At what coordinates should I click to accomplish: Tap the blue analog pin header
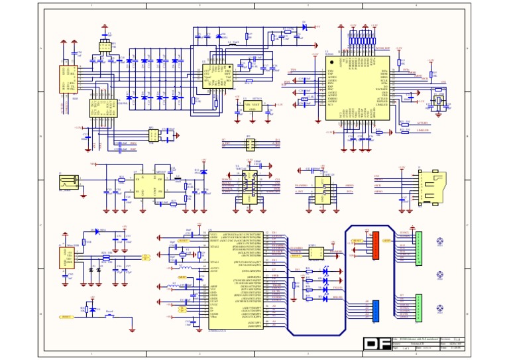pos(375,310)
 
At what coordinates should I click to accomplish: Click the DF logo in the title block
pos(376,343)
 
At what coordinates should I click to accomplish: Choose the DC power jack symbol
pos(68,183)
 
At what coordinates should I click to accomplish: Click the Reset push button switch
pos(110,316)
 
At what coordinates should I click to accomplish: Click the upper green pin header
pos(418,248)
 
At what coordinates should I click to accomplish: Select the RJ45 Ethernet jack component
pos(70,80)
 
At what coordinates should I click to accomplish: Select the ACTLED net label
pos(422,123)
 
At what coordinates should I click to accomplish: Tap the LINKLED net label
pos(422,131)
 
